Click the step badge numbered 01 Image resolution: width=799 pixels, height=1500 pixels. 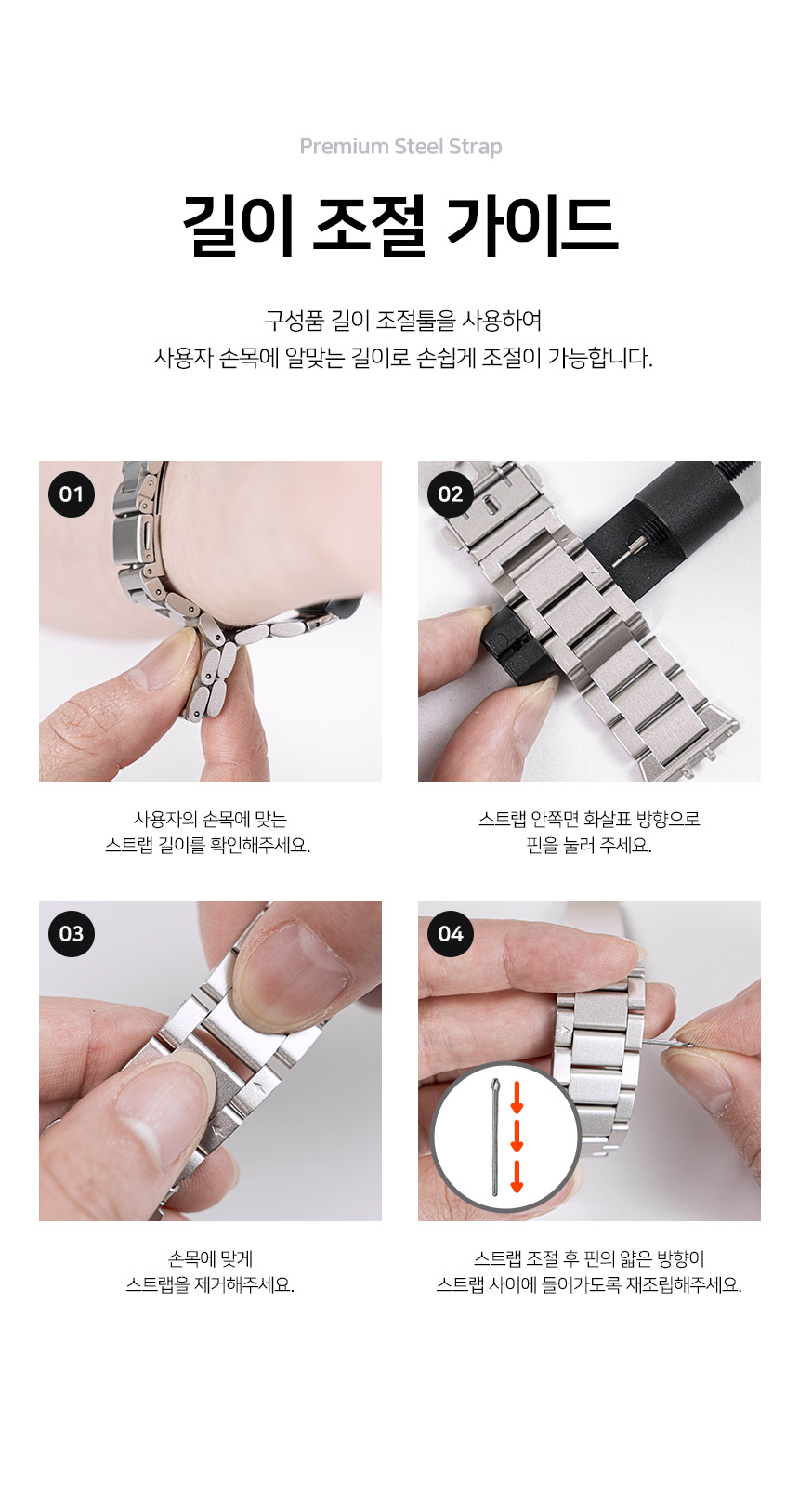[x=72, y=494]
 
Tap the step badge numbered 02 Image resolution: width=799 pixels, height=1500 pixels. [x=451, y=494]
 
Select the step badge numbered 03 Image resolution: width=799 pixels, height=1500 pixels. [x=72, y=934]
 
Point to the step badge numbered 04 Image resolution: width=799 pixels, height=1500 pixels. [x=451, y=934]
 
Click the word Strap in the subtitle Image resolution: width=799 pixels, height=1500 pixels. [x=475, y=147]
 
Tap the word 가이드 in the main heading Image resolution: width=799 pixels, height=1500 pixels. [x=531, y=226]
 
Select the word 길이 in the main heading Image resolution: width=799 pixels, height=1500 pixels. [x=238, y=226]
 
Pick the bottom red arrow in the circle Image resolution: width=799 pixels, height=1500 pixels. [x=517, y=1176]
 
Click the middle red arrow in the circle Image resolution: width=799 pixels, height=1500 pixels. [x=517, y=1136]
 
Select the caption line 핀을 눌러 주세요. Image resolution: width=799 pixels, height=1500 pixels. [x=589, y=846]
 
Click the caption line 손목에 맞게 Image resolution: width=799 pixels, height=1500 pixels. [x=210, y=1258]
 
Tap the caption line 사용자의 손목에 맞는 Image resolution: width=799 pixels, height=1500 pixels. [x=210, y=819]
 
